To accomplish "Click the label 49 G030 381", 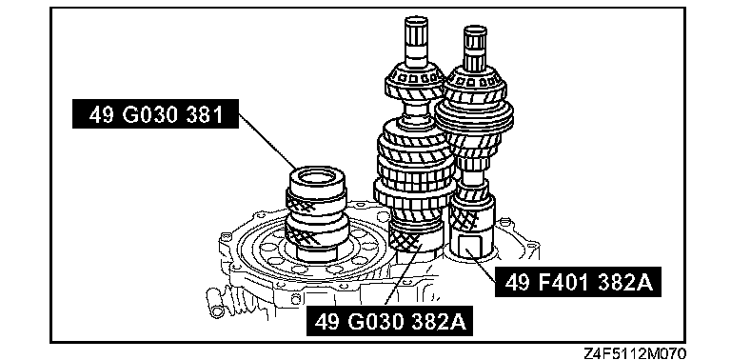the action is (155, 113).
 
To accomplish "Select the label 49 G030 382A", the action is (389, 321).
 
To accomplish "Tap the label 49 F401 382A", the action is (578, 282).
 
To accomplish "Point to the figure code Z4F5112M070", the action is (634, 352).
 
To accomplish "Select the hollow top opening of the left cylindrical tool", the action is (317, 177).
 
